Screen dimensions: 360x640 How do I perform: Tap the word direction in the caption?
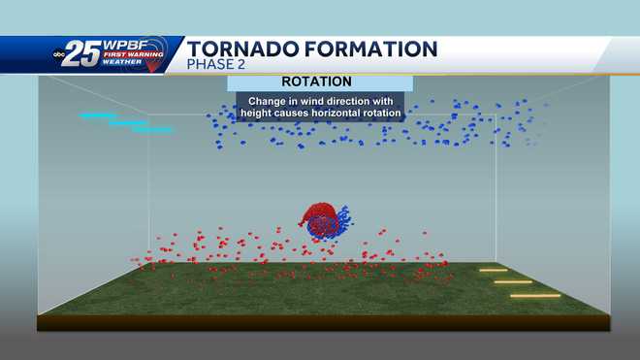(355, 100)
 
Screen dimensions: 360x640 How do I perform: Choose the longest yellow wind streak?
(535, 295)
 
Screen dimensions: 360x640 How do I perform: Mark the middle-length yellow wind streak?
(512, 281)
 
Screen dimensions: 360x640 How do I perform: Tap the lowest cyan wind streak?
(152, 129)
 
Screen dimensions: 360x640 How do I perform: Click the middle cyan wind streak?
(127, 123)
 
